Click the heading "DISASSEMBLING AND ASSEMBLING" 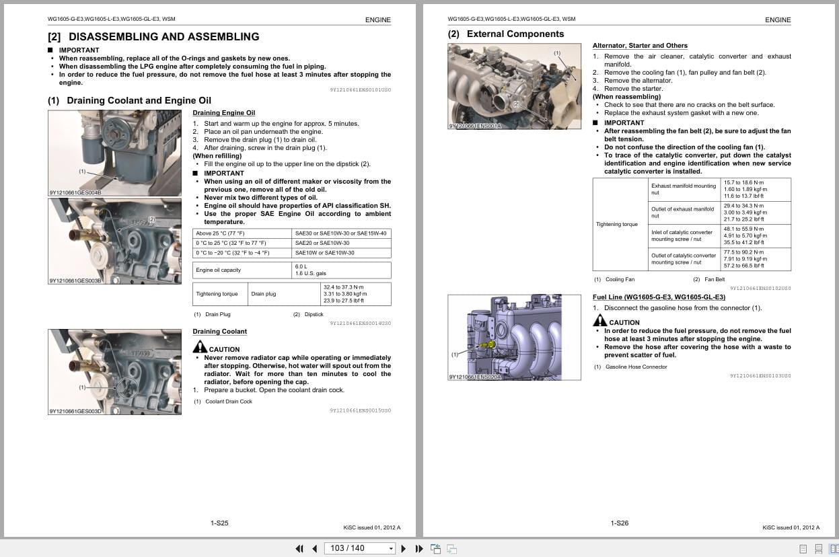click(x=163, y=37)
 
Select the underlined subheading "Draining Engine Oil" click(x=223, y=113)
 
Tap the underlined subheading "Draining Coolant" click(x=219, y=332)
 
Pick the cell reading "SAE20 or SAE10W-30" click(x=322, y=243)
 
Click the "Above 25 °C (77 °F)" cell click(x=220, y=233)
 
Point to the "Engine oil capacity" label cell click(x=218, y=270)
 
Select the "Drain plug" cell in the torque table click(x=263, y=294)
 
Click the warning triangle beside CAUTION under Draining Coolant click(x=200, y=347)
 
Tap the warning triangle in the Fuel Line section click(x=599, y=321)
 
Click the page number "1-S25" click(x=219, y=523)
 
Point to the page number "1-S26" click(x=619, y=523)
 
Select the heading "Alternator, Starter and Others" click(x=639, y=46)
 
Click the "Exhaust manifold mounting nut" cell click(x=683, y=189)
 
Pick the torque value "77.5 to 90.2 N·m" click(x=744, y=252)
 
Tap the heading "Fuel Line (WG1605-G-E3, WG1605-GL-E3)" click(x=658, y=297)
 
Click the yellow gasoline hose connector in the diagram click(x=490, y=344)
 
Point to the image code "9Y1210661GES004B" click(x=75, y=192)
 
